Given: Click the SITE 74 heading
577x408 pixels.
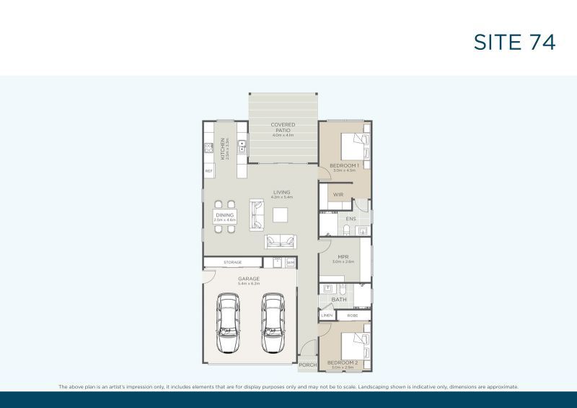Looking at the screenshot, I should [x=514, y=43].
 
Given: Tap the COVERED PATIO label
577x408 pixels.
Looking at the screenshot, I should [x=283, y=129].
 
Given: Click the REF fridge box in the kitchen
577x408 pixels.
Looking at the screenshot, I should [x=208, y=171].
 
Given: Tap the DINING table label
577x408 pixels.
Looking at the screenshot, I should [x=224, y=216].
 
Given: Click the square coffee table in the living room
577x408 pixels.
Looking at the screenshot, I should [x=281, y=214].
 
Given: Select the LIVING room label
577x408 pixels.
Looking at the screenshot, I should [x=281, y=194].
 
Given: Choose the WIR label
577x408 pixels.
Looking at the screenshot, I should [x=338, y=194].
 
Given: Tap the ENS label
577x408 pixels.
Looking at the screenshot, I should [x=351, y=218].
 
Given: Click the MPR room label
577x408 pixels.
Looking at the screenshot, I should [x=343, y=258].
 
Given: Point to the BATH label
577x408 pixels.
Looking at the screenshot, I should [x=340, y=298].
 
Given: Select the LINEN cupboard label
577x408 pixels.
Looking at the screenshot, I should [x=327, y=316].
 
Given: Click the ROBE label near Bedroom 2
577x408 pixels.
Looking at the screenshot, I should [x=352, y=316].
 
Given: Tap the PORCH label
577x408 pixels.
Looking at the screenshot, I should [x=308, y=365].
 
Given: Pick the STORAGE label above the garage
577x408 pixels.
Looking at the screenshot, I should [x=232, y=262].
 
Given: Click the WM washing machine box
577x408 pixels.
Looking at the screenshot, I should [x=291, y=262].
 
